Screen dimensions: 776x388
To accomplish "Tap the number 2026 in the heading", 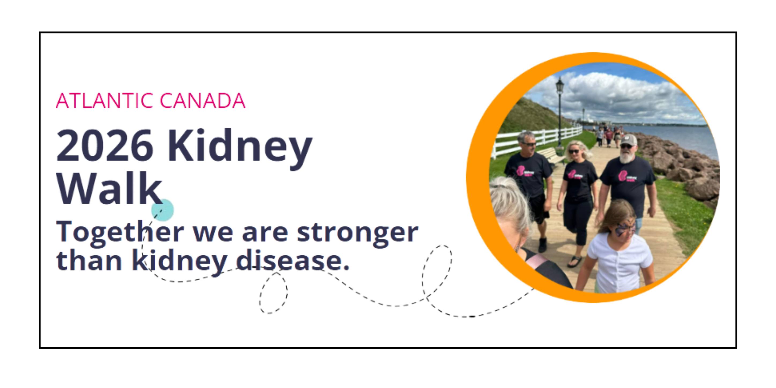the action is click(105, 145).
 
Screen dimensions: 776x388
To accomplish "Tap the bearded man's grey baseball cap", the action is click(629, 140).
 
